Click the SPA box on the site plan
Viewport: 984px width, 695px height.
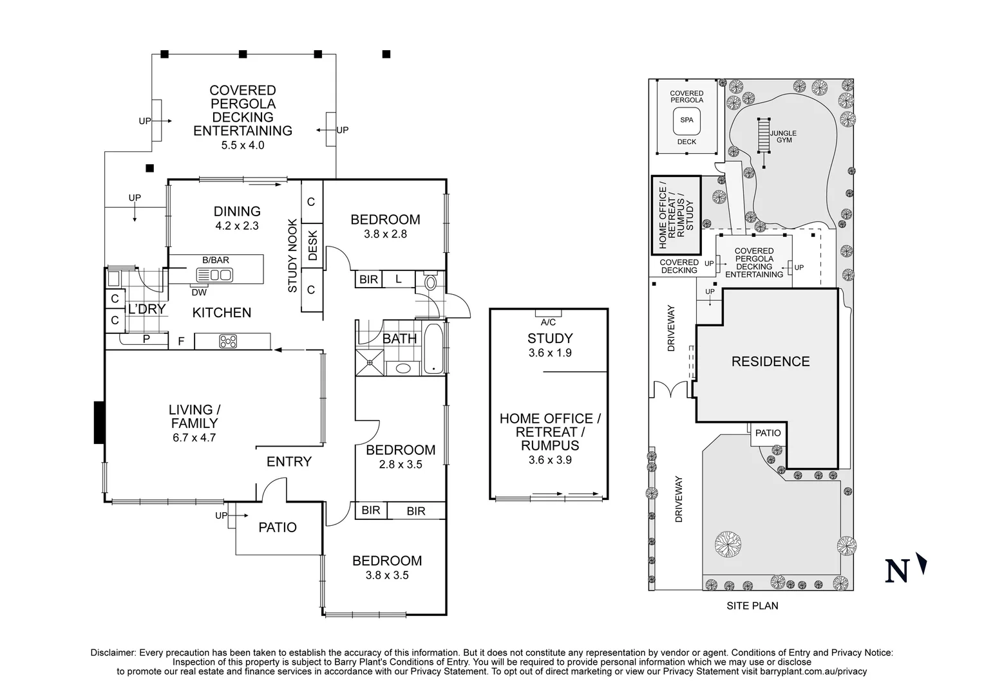(686, 120)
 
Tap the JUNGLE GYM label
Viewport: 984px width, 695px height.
(783, 136)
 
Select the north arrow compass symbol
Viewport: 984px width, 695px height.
(922, 564)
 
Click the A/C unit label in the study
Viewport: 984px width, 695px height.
(548, 322)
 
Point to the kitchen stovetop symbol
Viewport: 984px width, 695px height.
(227, 342)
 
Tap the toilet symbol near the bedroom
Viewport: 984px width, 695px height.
(431, 282)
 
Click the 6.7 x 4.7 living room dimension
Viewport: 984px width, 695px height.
(191, 438)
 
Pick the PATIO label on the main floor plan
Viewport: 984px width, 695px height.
(278, 528)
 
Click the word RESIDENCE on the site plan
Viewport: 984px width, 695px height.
(770, 362)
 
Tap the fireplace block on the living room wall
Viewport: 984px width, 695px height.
(99, 422)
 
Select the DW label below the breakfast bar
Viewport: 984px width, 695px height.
(199, 292)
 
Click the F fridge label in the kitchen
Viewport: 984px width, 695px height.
(181, 341)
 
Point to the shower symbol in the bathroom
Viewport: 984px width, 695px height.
(370, 362)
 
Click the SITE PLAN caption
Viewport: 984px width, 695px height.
(752, 606)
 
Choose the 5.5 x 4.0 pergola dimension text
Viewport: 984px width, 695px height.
(243, 145)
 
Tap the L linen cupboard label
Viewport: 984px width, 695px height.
(399, 279)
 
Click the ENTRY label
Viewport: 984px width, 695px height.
(289, 461)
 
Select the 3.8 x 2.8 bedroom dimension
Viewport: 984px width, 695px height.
(385, 234)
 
